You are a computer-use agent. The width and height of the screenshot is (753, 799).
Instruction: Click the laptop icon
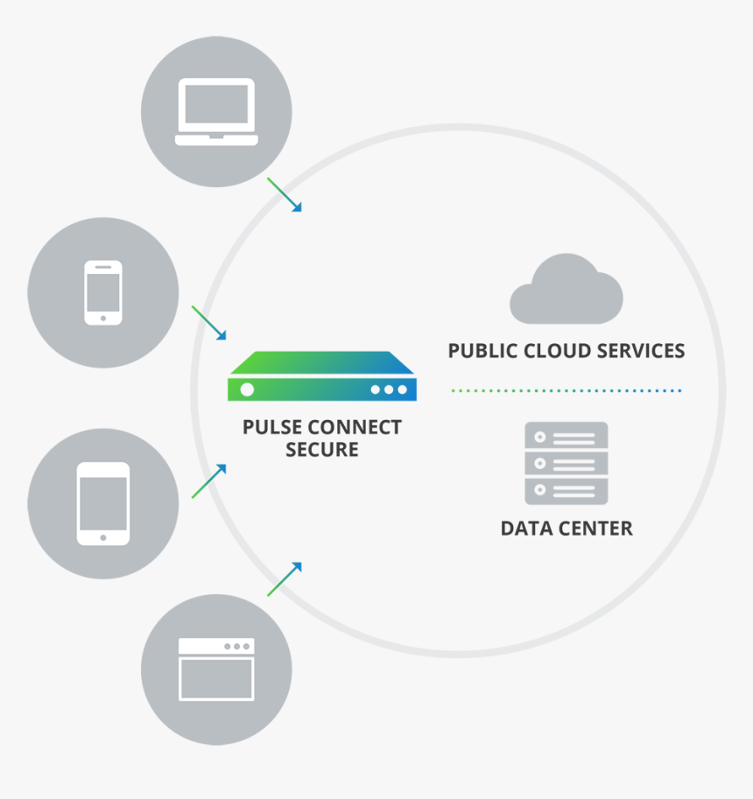[216, 112]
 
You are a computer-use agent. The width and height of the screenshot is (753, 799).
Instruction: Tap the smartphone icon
[103, 293]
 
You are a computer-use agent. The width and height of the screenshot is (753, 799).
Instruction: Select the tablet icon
[103, 503]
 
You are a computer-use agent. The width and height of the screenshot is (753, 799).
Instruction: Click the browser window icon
[216, 669]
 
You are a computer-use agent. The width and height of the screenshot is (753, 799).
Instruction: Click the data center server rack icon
[566, 463]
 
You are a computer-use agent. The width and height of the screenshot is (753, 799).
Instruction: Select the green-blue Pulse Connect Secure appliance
[322, 377]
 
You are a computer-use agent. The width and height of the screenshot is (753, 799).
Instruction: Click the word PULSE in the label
[271, 428]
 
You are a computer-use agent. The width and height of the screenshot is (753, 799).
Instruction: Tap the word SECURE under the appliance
[322, 451]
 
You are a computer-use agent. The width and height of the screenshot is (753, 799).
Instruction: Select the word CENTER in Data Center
[598, 529]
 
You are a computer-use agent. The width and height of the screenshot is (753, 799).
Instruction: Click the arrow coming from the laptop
[285, 194]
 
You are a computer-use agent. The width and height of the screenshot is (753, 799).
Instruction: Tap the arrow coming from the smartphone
[209, 323]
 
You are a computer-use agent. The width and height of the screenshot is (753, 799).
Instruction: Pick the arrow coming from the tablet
[209, 481]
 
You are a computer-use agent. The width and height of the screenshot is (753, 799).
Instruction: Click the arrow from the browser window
[285, 579]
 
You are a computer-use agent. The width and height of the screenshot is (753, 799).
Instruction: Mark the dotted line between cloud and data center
[566, 390]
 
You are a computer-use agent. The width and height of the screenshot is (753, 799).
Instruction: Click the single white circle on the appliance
[248, 389]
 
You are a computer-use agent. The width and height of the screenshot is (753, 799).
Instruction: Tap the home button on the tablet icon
[103, 537]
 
